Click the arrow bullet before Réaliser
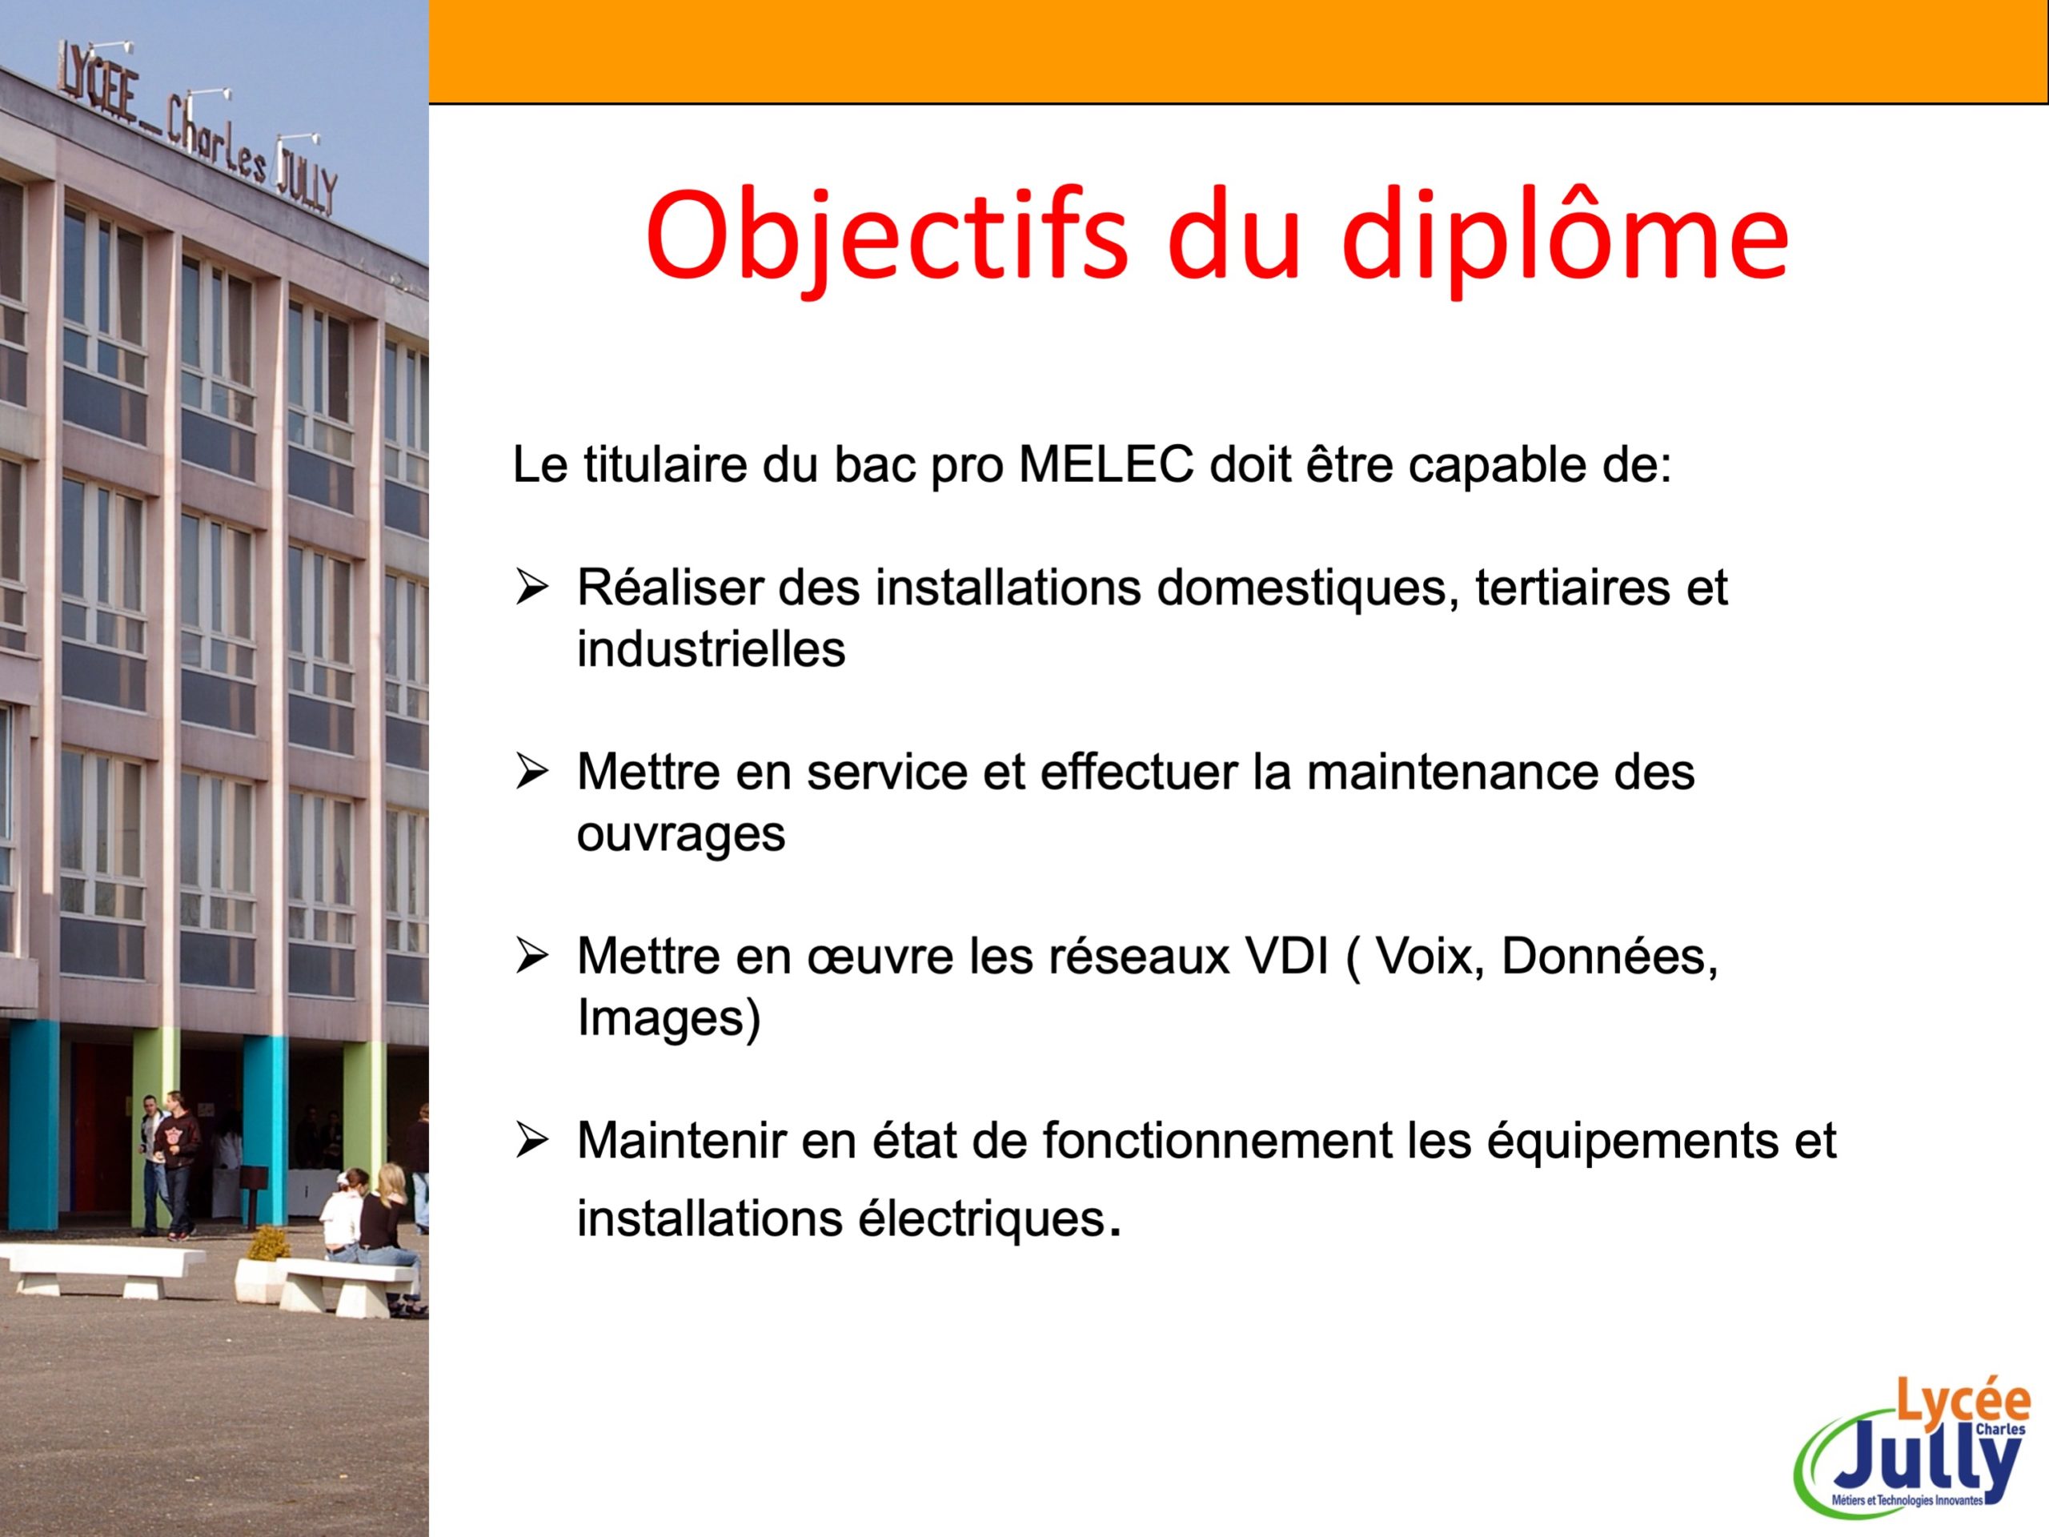click(532, 588)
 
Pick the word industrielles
click(711, 648)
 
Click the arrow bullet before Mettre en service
click(532, 772)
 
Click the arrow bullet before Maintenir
click(532, 1142)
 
